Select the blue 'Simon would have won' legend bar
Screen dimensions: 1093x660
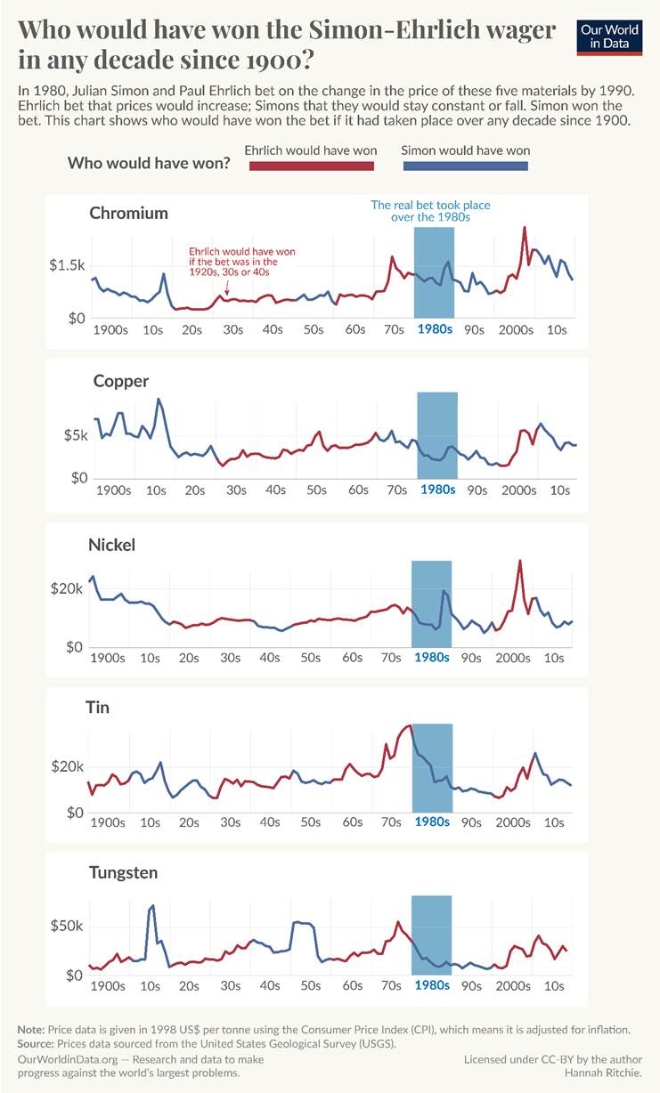pos(465,166)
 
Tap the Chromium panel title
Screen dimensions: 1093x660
pos(128,214)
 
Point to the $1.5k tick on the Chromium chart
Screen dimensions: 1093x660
pos(67,265)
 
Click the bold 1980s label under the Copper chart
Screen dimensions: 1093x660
pos(437,490)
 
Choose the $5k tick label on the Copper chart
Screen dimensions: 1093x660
pos(74,436)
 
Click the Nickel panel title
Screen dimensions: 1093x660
pos(112,545)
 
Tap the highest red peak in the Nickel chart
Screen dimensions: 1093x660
pos(519,562)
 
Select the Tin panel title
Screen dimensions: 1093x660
pos(98,708)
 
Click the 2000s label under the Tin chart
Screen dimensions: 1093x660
pos(513,823)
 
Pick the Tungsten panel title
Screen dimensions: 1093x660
pos(124,872)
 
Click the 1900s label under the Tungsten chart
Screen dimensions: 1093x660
pos(107,986)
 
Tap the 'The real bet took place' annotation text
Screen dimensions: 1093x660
pos(430,206)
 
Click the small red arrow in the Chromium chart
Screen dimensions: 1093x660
pos(227,287)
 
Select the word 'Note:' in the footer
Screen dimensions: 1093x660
pos(33,1029)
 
